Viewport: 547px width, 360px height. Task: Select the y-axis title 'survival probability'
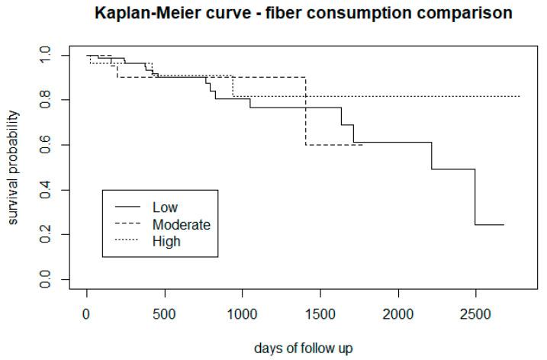pyautogui.click(x=14, y=168)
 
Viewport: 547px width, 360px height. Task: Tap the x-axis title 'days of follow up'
pyautogui.click(x=303, y=348)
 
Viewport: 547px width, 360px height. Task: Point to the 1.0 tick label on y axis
pyautogui.click(x=48, y=55)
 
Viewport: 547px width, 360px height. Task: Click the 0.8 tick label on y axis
pyautogui.click(x=48, y=100)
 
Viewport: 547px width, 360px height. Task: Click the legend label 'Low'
pyautogui.click(x=165, y=207)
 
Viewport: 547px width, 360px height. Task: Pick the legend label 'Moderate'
pyautogui.click(x=181, y=224)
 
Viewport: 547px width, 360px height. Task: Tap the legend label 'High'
pyautogui.click(x=166, y=241)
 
